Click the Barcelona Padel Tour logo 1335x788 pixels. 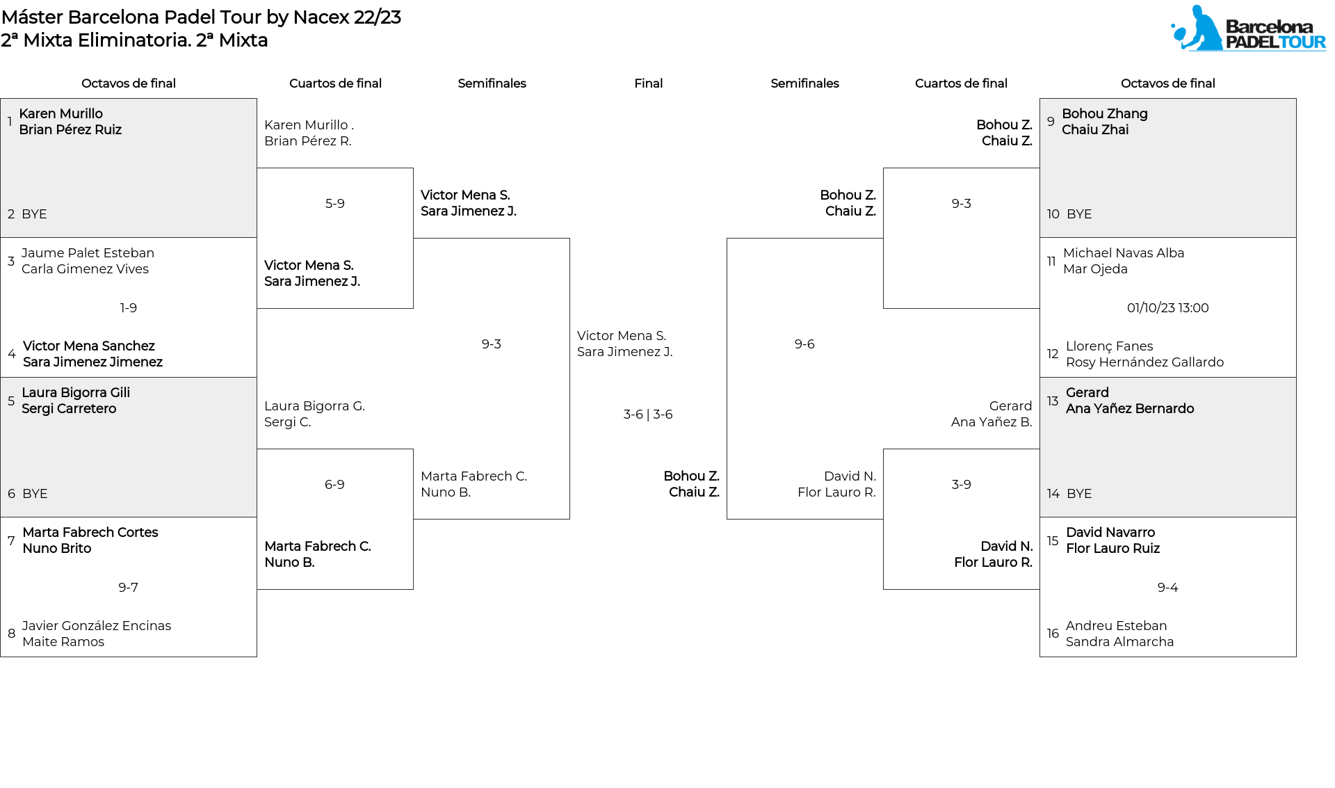tap(1248, 29)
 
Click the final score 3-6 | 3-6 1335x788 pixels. tap(648, 415)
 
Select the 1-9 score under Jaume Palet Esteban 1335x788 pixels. tap(129, 308)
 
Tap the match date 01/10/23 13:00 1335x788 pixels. tap(1168, 308)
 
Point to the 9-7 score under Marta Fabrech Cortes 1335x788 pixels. tap(129, 588)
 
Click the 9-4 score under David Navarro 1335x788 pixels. tap(1168, 588)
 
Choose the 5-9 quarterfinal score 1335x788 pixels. tap(335, 204)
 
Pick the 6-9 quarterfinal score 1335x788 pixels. tap(335, 485)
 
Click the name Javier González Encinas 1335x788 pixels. tap(97, 626)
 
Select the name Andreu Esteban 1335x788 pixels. tap(1117, 626)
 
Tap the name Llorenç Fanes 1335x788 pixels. tap(1110, 346)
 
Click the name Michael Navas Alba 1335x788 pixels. tap(1124, 253)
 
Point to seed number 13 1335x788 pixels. tap(1053, 401)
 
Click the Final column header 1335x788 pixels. tap(649, 83)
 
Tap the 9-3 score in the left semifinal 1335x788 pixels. tap(492, 344)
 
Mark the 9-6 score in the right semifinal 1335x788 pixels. tap(804, 344)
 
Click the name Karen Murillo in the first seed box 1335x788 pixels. tap(61, 114)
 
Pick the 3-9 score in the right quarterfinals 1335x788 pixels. tap(962, 485)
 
